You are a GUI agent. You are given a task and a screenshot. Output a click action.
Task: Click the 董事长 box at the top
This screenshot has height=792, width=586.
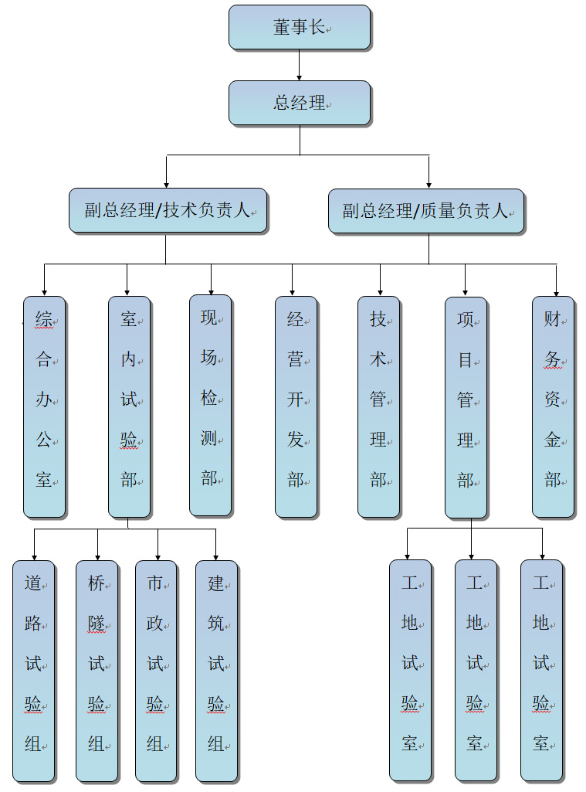pyautogui.click(x=300, y=27)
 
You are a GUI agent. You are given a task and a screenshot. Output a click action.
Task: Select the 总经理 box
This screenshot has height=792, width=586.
pyautogui.click(x=300, y=103)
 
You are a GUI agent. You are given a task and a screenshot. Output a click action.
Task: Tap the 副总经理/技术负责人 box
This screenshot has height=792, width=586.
pyautogui.click(x=168, y=210)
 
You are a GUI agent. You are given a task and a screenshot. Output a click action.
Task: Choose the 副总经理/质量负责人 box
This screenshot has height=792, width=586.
pyautogui.click(x=425, y=210)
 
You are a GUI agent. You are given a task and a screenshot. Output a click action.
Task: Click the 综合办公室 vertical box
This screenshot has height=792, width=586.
pyautogui.click(x=44, y=406)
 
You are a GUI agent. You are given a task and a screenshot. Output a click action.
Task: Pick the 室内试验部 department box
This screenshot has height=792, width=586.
pyautogui.click(x=129, y=406)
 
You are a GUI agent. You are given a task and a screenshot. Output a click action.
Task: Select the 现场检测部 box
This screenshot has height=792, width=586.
pyautogui.click(x=210, y=405)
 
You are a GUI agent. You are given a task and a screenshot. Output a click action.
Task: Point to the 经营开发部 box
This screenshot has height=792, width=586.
pyautogui.click(x=296, y=406)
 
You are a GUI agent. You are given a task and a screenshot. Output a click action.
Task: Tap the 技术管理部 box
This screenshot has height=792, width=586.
pyautogui.click(x=378, y=406)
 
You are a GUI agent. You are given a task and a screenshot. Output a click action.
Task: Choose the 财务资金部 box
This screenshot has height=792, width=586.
pyautogui.click(x=553, y=406)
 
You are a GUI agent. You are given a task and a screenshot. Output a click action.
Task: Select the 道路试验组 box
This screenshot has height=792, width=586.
pyautogui.click(x=33, y=670)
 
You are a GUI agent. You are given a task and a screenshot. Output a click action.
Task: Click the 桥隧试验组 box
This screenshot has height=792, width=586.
pyautogui.click(x=97, y=670)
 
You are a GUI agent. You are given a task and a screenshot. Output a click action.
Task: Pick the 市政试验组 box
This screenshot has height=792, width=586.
pyautogui.click(x=155, y=670)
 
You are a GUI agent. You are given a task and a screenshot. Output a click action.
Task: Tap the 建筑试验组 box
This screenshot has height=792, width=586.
pyautogui.click(x=216, y=670)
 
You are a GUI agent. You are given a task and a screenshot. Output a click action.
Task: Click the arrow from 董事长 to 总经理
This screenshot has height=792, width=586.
pyautogui.click(x=300, y=65)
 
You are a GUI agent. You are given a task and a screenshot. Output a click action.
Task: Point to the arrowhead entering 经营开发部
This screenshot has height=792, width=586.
pyautogui.click(x=293, y=291)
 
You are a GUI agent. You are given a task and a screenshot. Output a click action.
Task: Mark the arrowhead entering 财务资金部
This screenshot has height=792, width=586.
pyautogui.click(x=556, y=291)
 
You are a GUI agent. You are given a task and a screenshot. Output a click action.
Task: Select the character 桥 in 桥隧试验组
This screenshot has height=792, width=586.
pyautogui.click(x=96, y=584)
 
